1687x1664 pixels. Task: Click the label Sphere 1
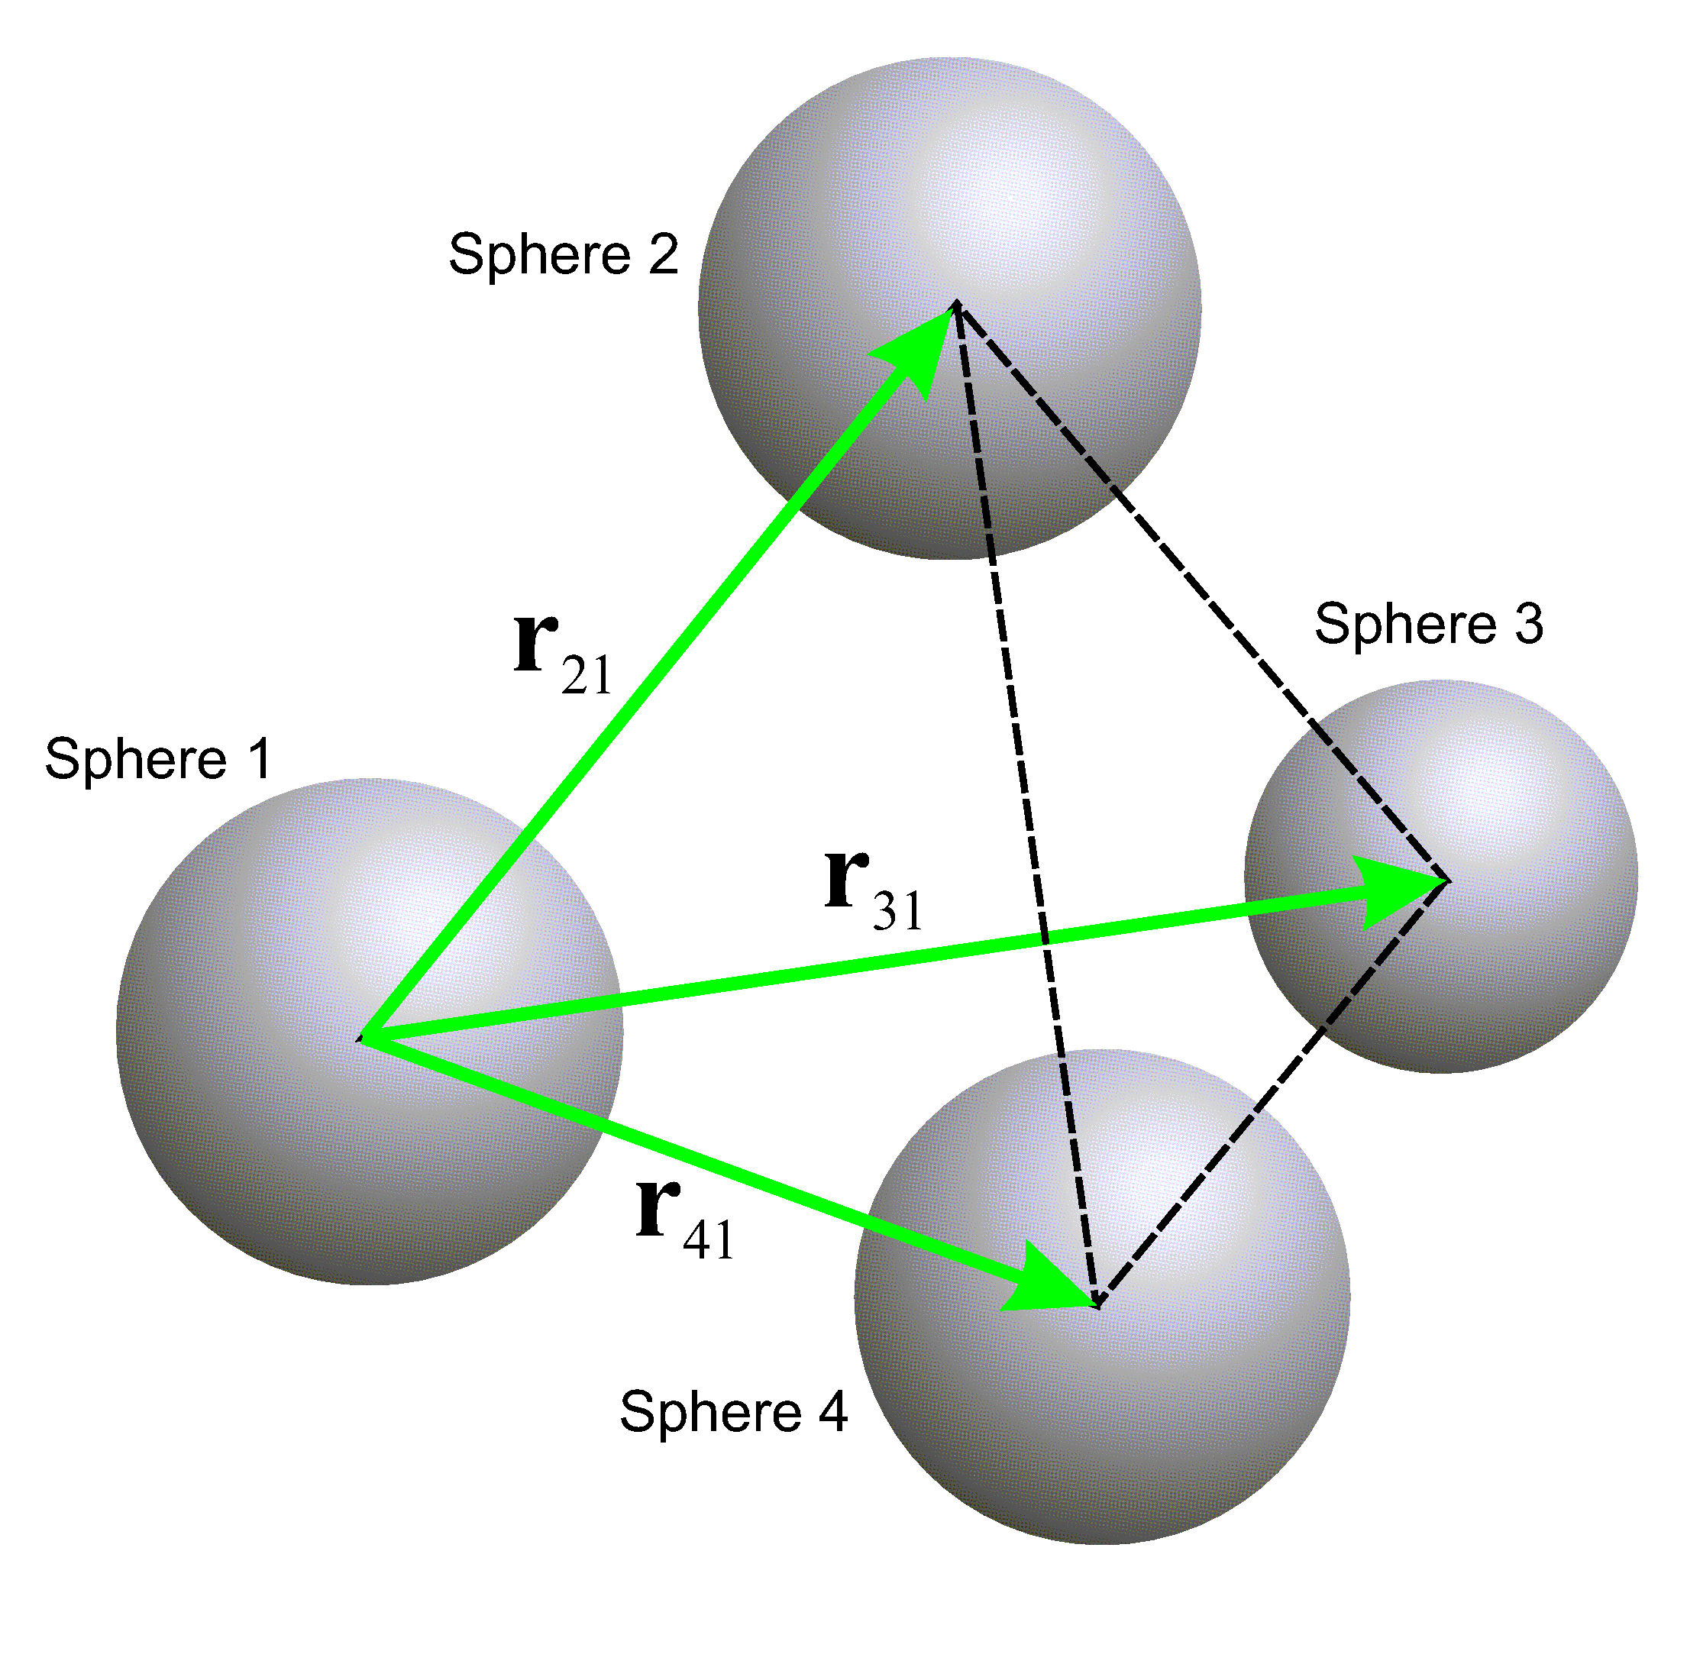(x=158, y=758)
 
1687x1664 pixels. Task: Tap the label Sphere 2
(x=563, y=254)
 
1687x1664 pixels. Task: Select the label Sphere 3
(x=1429, y=624)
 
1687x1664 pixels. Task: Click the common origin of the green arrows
(x=364, y=1038)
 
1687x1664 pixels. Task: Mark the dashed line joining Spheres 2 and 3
(x=1205, y=593)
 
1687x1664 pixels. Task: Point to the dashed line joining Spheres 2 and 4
(x=1026, y=803)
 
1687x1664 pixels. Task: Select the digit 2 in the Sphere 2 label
(x=663, y=254)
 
